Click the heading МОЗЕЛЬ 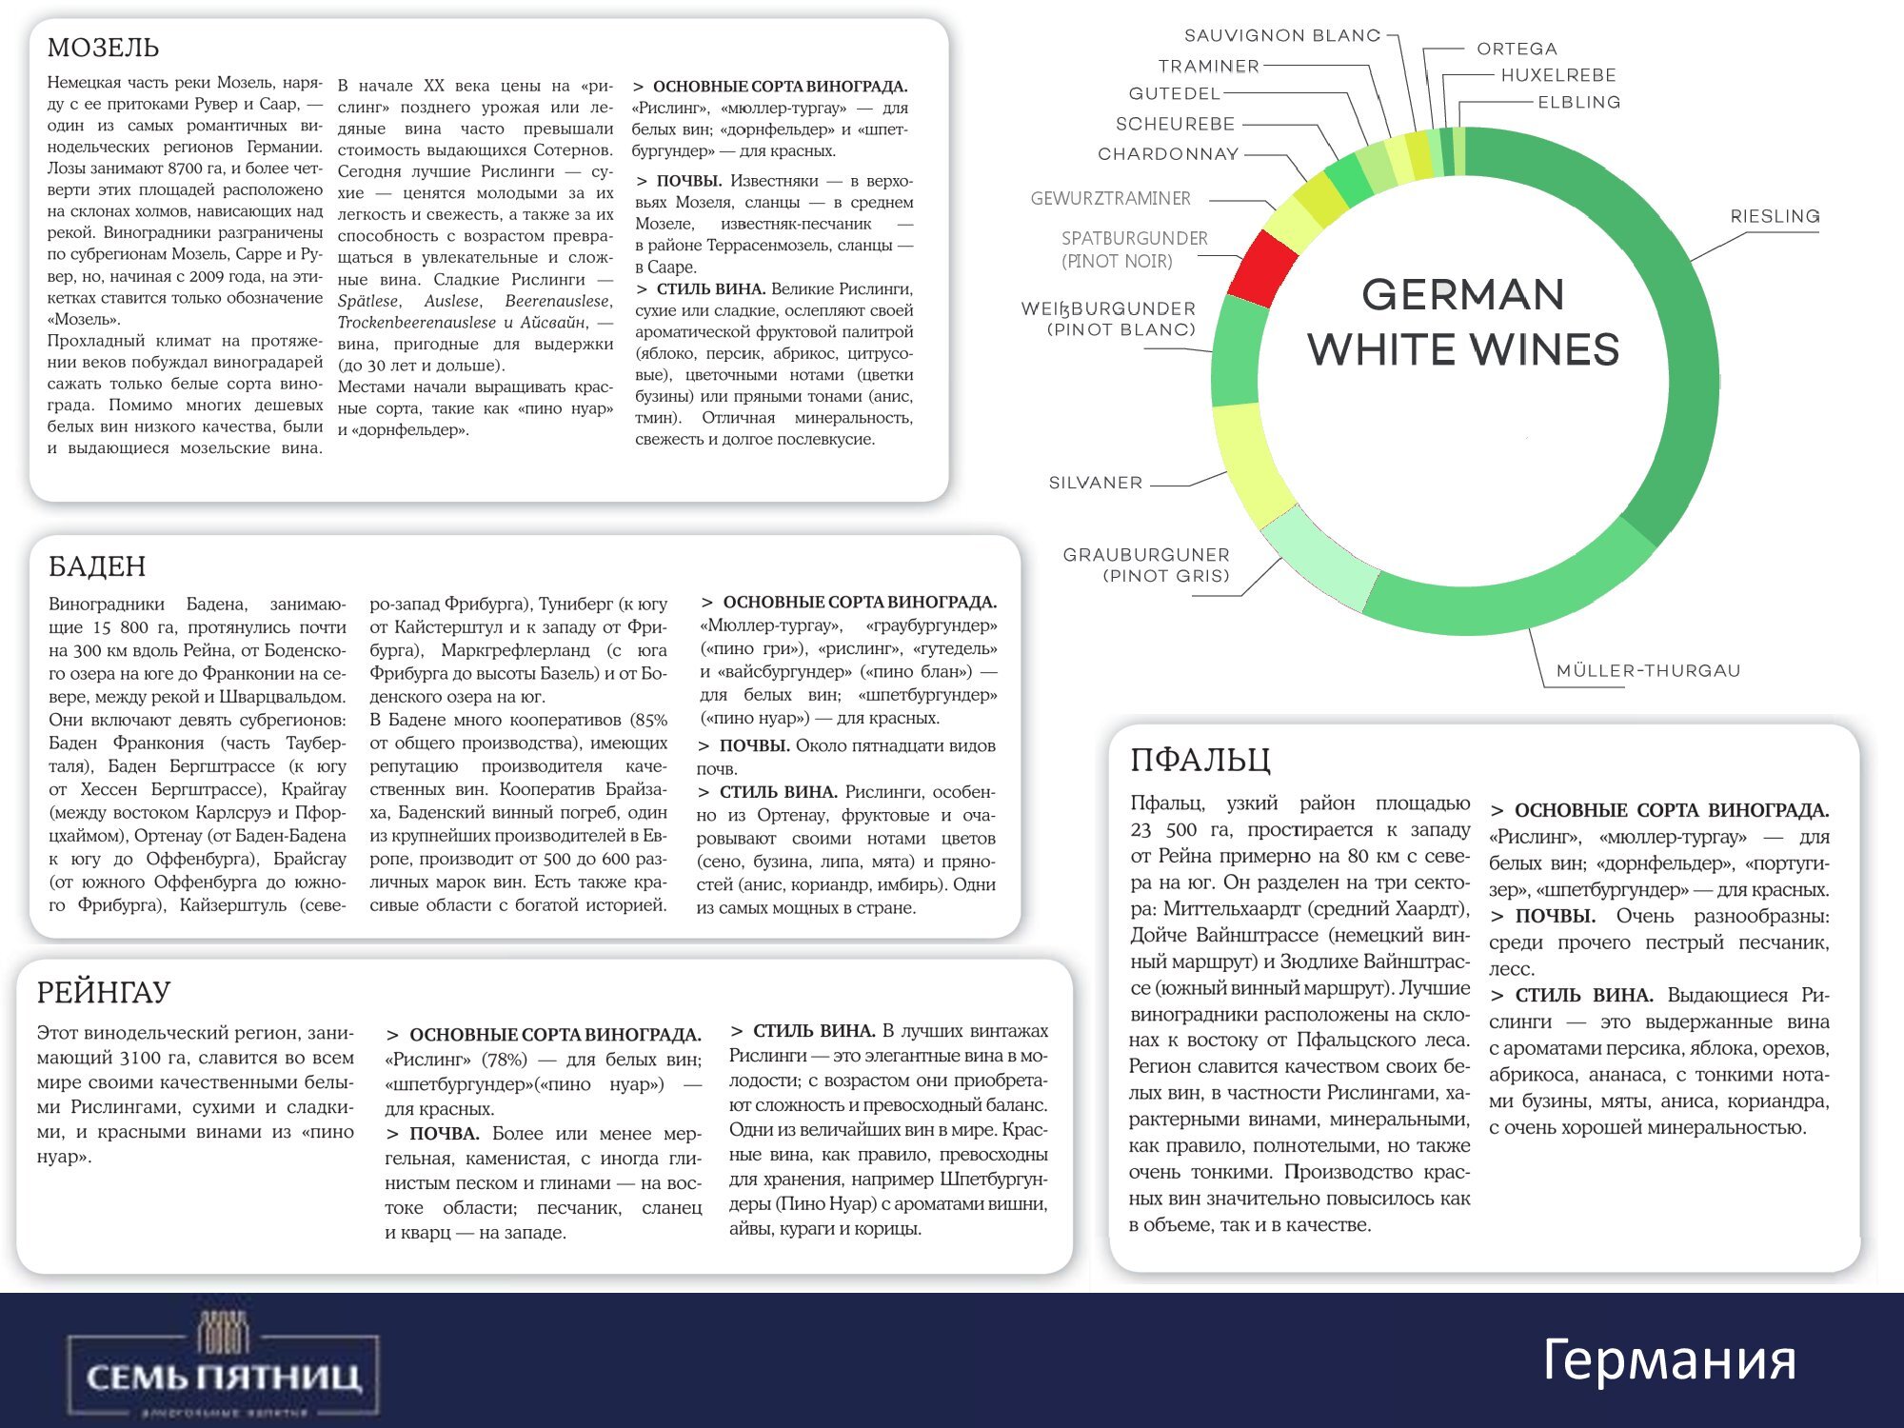[103, 48]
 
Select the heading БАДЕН [97, 566]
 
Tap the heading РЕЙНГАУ [103, 993]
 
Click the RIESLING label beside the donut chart [1775, 216]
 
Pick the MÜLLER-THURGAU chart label [1648, 670]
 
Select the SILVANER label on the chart [1095, 483]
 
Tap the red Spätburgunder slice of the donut [1262, 268]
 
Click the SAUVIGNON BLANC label [1281, 35]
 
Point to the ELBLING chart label [1578, 102]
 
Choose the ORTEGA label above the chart [1517, 49]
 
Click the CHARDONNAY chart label [1167, 153]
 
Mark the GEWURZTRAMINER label [1110, 198]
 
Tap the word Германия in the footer [1669, 1359]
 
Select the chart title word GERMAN [1462, 295]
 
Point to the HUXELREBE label [1557, 75]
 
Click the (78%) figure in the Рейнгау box [504, 1060]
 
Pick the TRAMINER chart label [1208, 66]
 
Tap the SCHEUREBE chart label [1175, 124]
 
